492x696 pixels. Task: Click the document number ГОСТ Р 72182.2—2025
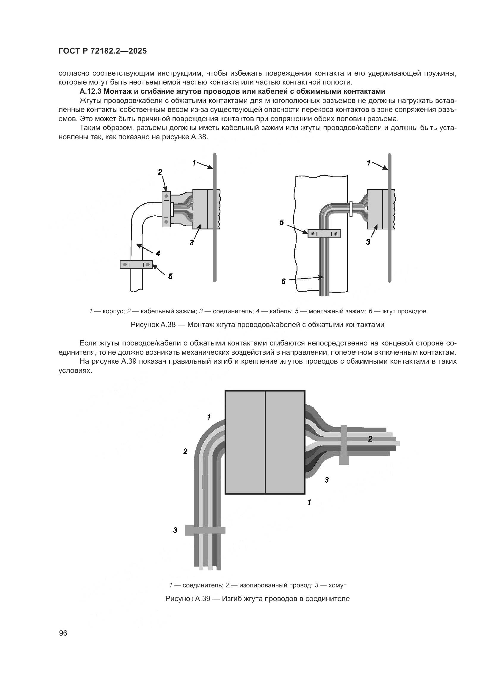click(102, 51)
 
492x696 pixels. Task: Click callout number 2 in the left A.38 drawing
click(160, 172)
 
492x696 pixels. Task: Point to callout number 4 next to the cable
click(158, 253)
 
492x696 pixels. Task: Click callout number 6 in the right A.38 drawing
click(283, 281)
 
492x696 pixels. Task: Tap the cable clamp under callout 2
click(166, 209)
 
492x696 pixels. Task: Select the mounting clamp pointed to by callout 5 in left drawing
click(136, 264)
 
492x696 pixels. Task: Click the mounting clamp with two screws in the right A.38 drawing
click(324, 234)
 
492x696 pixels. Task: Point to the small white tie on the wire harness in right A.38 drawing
click(350, 209)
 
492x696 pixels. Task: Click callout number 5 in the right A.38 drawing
click(281, 223)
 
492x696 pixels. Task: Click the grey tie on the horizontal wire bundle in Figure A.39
click(344, 444)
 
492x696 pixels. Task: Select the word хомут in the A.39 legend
click(337, 585)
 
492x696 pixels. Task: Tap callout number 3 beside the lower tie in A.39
click(175, 530)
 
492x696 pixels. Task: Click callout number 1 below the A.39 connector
click(309, 502)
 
